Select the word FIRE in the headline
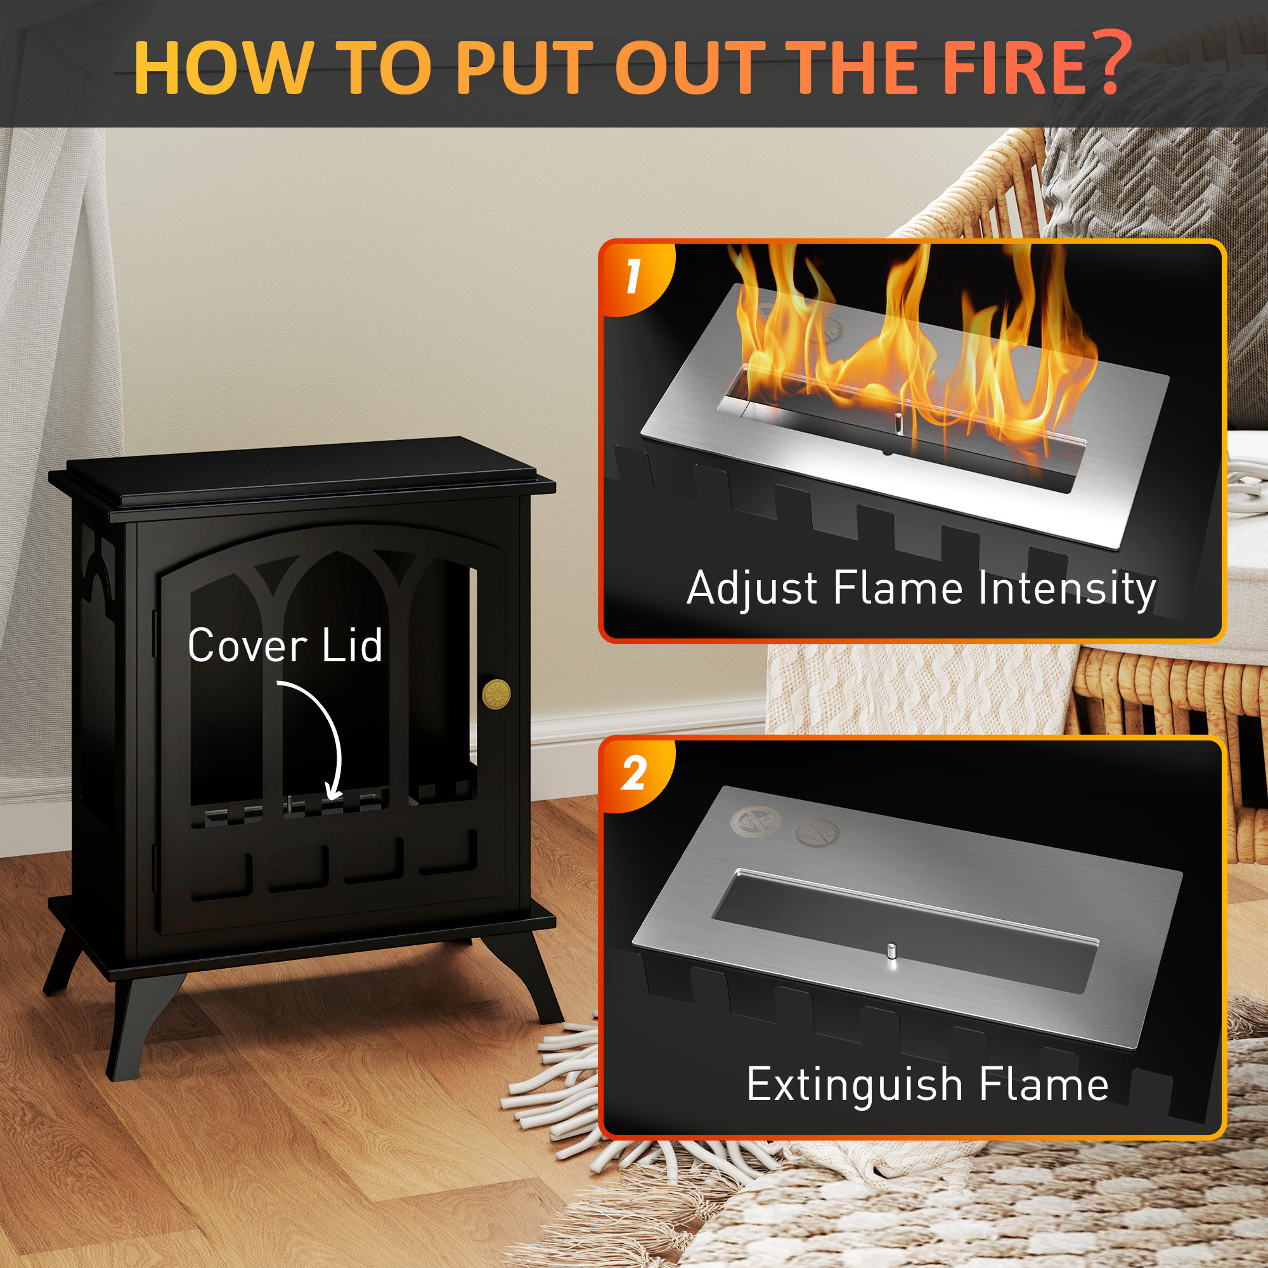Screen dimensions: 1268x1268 (x=992, y=68)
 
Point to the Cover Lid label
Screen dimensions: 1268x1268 (x=285, y=645)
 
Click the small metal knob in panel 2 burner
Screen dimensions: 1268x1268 (x=891, y=952)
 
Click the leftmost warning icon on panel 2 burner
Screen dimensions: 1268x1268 (x=754, y=821)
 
